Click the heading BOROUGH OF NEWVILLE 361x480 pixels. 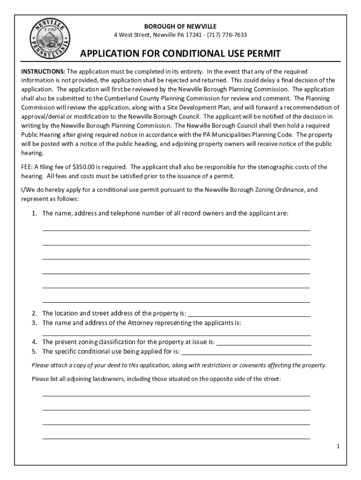pyautogui.click(x=180, y=26)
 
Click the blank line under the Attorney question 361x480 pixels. pyautogui.click(x=176, y=334)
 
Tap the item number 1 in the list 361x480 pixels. pyautogui.click(x=34, y=214)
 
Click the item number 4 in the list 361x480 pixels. pyautogui.click(x=34, y=342)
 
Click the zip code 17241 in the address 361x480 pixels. pyautogui.click(x=196, y=35)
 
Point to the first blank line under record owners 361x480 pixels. pyautogui.click(x=176, y=229)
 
